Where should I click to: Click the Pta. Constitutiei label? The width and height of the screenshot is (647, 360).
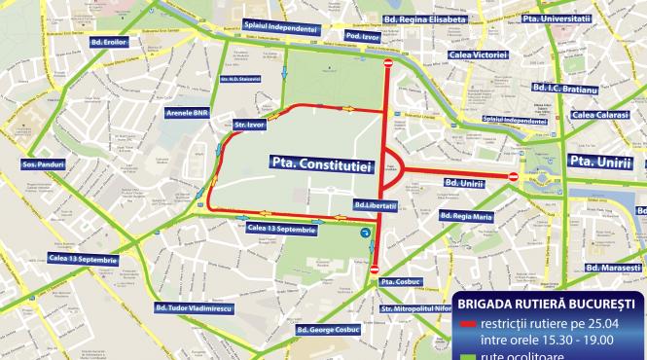click(x=321, y=166)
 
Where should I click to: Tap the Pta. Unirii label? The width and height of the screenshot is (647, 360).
click(x=600, y=161)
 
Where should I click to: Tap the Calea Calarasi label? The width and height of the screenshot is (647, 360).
click(x=600, y=115)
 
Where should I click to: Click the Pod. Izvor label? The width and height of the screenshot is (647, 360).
click(x=363, y=37)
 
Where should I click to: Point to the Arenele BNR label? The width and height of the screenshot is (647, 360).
click(x=189, y=113)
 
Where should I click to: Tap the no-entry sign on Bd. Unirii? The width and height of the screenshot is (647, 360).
click(x=513, y=176)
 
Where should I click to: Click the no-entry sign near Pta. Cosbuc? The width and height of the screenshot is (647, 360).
click(x=376, y=268)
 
